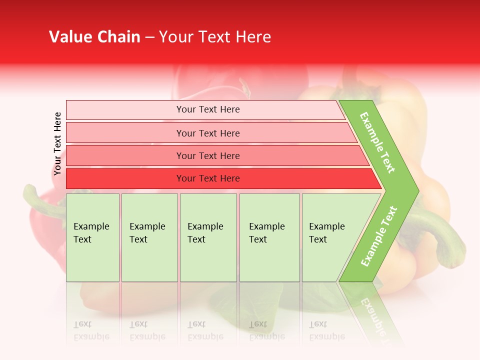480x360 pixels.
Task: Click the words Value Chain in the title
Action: (x=94, y=36)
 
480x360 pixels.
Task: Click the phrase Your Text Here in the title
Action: (x=215, y=36)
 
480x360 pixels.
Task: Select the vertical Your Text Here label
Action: (x=57, y=144)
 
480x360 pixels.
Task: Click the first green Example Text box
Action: (x=92, y=237)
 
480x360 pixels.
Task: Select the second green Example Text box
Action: (x=149, y=237)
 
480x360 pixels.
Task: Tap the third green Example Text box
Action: (x=208, y=237)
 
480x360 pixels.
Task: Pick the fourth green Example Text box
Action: (x=269, y=237)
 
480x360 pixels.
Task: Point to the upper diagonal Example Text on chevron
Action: (x=377, y=142)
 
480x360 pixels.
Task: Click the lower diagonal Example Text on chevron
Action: (x=379, y=236)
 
